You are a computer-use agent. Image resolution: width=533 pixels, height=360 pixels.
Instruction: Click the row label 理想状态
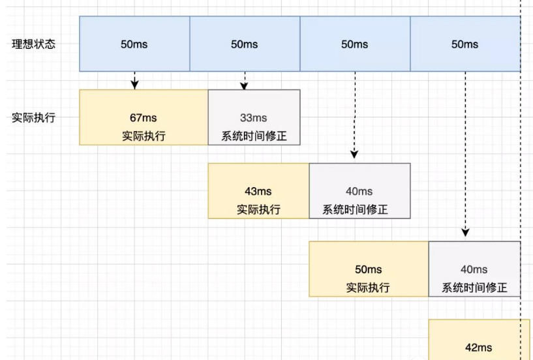pos(34,44)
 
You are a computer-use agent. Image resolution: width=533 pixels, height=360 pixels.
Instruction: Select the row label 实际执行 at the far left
pos(34,117)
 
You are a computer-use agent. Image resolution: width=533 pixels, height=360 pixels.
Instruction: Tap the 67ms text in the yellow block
pos(143,117)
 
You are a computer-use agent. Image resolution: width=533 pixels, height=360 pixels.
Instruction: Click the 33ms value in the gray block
pos(254,117)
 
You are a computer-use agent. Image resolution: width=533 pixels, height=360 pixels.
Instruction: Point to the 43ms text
pos(258,191)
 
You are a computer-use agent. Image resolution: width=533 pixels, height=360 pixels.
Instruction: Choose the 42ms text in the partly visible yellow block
pos(479,348)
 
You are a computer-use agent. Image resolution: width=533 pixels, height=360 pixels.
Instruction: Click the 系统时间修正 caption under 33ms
pos(254,136)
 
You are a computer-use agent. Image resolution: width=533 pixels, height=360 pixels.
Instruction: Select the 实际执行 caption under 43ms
pos(258,209)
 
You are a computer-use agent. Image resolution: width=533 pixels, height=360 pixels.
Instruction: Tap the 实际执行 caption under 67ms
pos(144,136)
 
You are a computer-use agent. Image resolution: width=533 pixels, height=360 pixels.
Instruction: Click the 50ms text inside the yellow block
pos(369,269)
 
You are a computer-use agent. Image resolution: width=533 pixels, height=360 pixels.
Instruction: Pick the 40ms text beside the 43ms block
pos(359,191)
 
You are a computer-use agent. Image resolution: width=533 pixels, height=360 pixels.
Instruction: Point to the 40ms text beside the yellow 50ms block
pos(474,269)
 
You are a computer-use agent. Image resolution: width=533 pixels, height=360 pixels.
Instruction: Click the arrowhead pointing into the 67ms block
pos(135,85)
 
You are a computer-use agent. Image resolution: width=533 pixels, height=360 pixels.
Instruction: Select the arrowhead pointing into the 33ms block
pos(244,85)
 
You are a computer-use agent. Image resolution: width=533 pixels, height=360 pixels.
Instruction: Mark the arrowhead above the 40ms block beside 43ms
pos(354,155)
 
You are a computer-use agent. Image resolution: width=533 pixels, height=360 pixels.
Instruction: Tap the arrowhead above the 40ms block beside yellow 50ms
pos(465,233)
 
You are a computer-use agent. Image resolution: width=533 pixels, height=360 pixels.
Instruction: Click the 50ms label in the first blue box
pos(134,44)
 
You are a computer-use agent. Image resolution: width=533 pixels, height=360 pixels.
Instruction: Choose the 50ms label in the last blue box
pos(464,44)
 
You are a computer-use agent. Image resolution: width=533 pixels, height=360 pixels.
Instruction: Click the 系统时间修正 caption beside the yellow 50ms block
pos(474,288)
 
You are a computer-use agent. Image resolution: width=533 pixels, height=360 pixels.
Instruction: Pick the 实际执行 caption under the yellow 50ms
pos(368,288)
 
